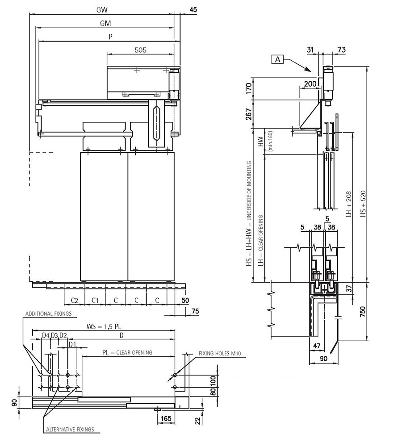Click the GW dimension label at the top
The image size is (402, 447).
click(102, 10)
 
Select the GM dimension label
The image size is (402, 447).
click(105, 23)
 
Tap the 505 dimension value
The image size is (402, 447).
click(141, 50)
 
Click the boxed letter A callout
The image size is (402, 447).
click(277, 59)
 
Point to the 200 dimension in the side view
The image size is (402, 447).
click(310, 84)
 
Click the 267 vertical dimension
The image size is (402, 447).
click(249, 114)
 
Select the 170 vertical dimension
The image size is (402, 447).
click(249, 89)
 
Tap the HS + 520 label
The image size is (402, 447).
click(363, 204)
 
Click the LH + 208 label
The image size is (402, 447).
click(349, 204)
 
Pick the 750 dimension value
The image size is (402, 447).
click(362, 312)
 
